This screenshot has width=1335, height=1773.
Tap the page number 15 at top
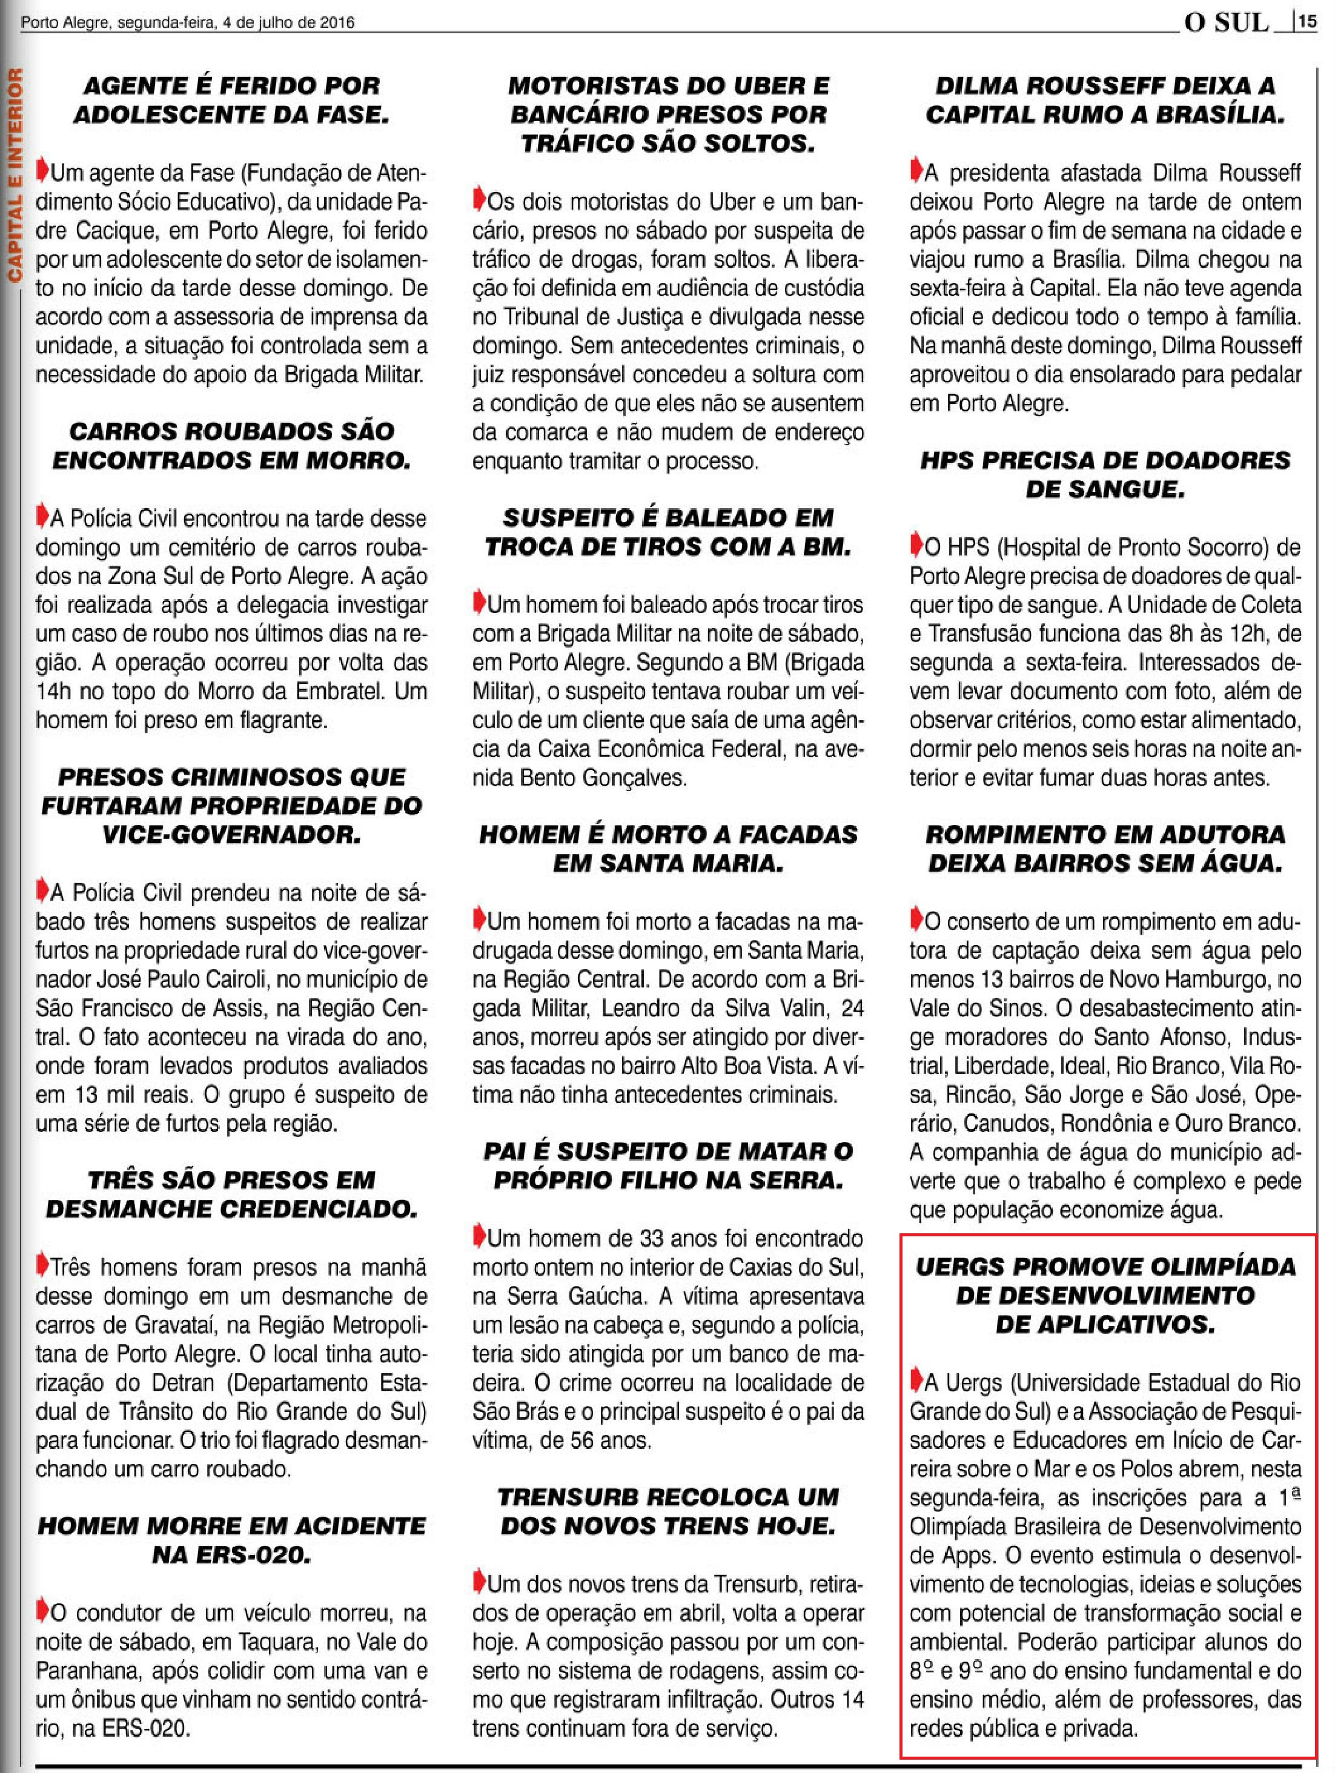pos(1308,22)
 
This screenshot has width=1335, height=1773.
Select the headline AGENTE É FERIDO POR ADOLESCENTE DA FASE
pos(231,100)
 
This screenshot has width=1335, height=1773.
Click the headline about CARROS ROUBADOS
pos(231,446)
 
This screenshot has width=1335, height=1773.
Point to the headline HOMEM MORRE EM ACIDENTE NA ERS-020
pos(231,1540)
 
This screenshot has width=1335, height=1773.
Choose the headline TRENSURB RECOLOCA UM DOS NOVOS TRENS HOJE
pos(667,1511)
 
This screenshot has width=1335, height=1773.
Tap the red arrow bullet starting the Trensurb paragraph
pos(479,1582)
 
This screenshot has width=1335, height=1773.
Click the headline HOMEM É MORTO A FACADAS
pos(667,849)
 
